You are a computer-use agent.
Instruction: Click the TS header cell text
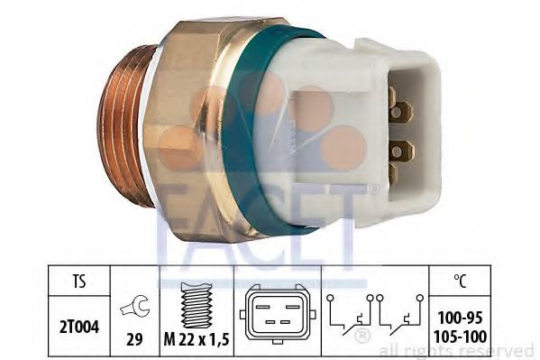(78, 281)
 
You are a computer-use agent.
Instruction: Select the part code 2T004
(79, 327)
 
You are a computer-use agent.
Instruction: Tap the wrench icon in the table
(134, 306)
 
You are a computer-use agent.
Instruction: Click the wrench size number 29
(134, 340)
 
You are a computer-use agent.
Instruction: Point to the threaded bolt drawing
(197, 305)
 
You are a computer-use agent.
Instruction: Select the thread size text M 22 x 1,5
(197, 340)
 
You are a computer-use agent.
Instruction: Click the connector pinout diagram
(278, 314)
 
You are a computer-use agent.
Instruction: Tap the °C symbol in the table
(460, 281)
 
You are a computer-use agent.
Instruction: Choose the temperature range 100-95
(460, 318)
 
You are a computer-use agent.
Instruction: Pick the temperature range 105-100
(460, 337)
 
